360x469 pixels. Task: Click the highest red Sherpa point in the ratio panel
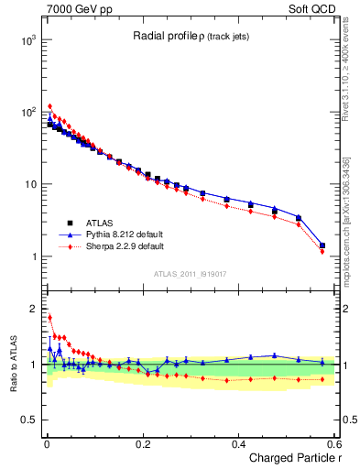click(49, 318)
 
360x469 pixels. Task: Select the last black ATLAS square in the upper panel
click(322, 245)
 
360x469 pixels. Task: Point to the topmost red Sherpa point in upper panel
click(49, 106)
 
